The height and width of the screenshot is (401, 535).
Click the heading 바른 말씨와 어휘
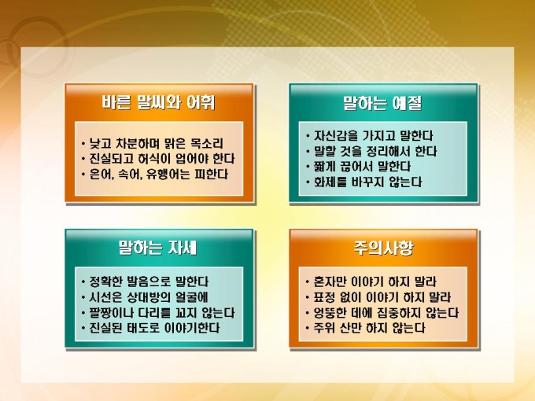(x=159, y=102)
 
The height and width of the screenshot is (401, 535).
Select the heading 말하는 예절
(x=382, y=103)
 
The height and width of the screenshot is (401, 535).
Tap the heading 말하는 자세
(x=157, y=248)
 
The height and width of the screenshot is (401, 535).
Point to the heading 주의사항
(x=383, y=248)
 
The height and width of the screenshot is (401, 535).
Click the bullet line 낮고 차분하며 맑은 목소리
(x=157, y=143)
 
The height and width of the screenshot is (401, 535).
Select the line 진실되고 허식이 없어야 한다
(x=162, y=159)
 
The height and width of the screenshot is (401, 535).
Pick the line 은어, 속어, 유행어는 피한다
(x=159, y=175)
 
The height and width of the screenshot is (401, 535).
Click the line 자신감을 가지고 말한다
(x=373, y=136)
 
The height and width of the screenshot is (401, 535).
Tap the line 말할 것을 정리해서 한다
(x=375, y=151)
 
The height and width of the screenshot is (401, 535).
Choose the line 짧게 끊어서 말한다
(x=363, y=167)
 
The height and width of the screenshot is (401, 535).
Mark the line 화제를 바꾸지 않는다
(x=368, y=182)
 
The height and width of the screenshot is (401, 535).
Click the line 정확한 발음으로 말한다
(x=149, y=281)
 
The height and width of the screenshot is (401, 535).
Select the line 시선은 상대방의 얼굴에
(x=149, y=297)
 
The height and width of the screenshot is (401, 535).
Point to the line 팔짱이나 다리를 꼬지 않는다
(x=162, y=313)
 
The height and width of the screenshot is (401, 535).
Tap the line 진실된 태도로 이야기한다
(x=154, y=328)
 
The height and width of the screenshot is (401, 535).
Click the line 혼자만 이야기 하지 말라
(x=375, y=281)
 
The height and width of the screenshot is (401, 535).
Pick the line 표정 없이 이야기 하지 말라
(x=382, y=297)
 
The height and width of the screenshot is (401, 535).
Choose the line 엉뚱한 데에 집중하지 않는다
(x=386, y=313)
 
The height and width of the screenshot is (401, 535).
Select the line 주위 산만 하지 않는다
(x=370, y=328)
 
